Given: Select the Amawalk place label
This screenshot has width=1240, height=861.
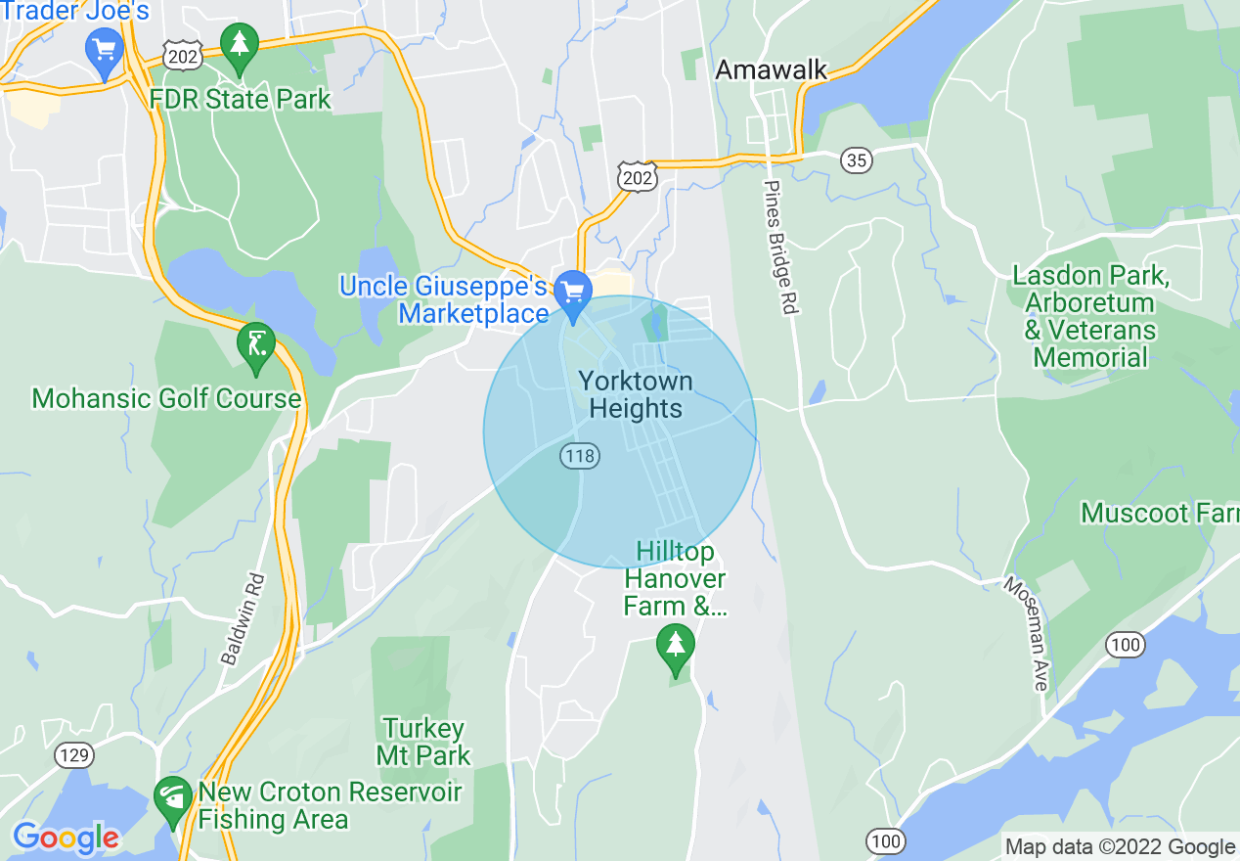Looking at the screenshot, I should point(772,70).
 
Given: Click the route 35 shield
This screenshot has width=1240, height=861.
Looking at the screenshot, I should point(857,160).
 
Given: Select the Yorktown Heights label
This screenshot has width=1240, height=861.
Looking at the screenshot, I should point(636,395).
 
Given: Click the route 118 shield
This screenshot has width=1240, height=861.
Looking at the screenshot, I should point(580,456).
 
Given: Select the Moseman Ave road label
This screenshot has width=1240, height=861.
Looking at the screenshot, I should point(1027,633).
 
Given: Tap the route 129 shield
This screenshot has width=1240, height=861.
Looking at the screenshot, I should point(74,755).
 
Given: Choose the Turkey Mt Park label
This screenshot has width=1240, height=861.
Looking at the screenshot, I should point(423,742).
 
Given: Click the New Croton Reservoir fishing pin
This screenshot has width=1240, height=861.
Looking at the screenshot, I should point(173,799).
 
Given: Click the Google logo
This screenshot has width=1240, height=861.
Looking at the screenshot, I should point(66,838).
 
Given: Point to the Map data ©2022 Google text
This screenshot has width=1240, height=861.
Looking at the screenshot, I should point(1121,847).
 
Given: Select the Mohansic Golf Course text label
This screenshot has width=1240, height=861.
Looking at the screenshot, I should point(166,399).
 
